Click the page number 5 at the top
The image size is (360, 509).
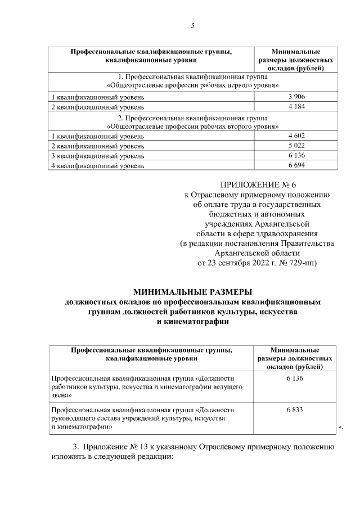pos(192,26)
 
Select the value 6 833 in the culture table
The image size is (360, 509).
pos(295,409)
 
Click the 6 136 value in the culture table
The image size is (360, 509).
pos(295,380)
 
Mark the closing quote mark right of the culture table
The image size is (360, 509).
pos(340,428)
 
